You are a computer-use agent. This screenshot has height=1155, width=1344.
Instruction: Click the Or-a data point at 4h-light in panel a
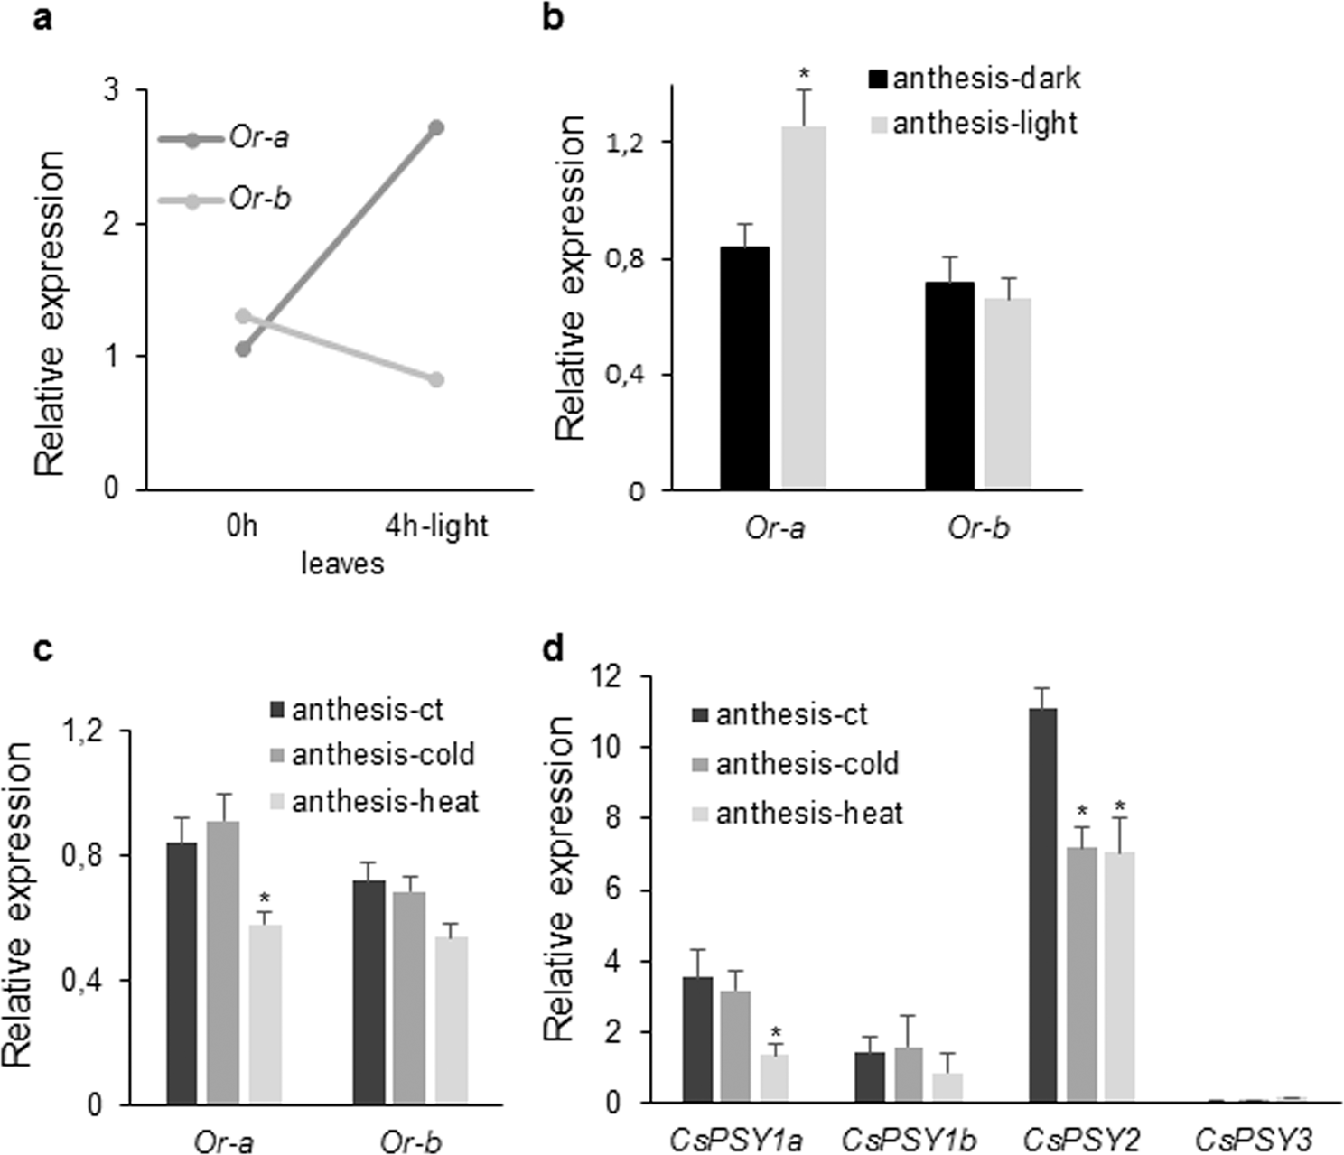(436, 127)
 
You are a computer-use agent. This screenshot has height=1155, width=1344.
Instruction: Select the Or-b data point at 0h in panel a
(243, 316)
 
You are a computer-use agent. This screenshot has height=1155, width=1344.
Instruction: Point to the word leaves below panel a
(342, 564)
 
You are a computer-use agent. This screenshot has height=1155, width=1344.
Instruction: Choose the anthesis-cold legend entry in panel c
(372, 754)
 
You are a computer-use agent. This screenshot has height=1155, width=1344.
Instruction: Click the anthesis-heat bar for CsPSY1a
(774, 1078)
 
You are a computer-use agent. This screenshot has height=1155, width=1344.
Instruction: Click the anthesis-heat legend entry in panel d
(796, 813)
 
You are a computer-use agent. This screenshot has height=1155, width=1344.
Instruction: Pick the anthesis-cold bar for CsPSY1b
(909, 1075)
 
